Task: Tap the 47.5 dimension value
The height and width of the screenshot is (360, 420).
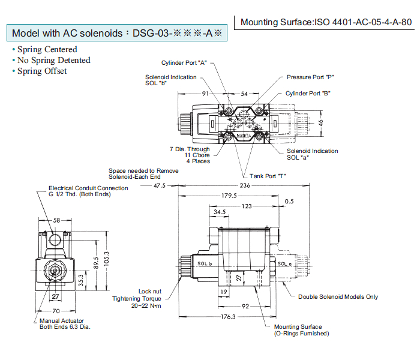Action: pyautogui.click(x=159, y=186)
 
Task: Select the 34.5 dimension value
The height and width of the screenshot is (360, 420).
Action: pyautogui.click(x=220, y=212)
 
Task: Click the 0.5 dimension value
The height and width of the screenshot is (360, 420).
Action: pyautogui.click(x=289, y=201)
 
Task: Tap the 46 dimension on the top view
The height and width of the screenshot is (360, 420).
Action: pyautogui.click(x=320, y=122)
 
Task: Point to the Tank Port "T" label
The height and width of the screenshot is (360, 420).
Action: pyautogui.click(x=268, y=175)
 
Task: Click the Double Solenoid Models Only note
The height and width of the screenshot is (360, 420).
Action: pyautogui.click(x=338, y=296)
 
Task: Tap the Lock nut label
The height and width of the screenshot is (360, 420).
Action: pyautogui.click(x=149, y=290)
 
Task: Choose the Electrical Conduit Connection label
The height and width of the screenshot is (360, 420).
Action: pyautogui.click(x=88, y=188)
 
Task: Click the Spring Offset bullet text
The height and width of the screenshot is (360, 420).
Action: pyautogui.click(x=42, y=71)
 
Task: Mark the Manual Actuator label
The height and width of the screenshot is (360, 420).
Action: pyautogui.click(x=62, y=320)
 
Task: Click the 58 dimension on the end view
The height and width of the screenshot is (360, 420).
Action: pyautogui.click(x=56, y=220)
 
